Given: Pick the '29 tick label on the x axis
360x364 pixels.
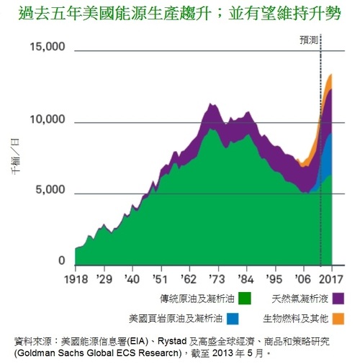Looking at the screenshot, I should pyautogui.click(x=105, y=278).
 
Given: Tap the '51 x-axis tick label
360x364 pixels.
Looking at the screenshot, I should pyautogui.click(x=160, y=278).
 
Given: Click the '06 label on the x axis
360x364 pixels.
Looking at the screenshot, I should pyautogui.click(x=301, y=278).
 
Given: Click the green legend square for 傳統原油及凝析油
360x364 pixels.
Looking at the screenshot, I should pyautogui.click(x=246, y=298).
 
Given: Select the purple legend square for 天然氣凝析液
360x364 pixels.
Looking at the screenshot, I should pyautogui.click(x=336, y=298).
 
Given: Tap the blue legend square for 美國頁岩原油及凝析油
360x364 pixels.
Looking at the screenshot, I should pyautogui.click(x=233, y=317).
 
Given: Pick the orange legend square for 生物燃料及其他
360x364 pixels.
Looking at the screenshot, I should pyautogui.click(x=336, y=317).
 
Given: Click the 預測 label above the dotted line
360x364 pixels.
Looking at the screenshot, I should pyautogui.click(x=310, y=42).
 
